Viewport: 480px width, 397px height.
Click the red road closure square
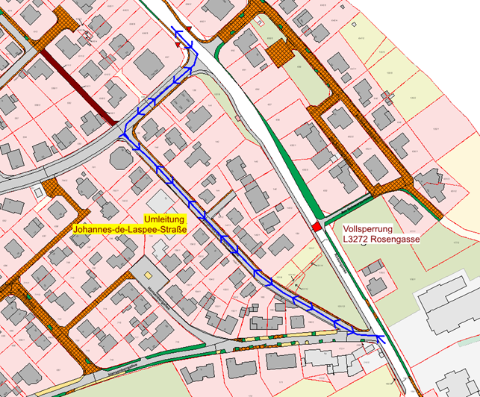(x=317, y=226)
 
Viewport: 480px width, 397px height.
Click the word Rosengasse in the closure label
(x=399, y=240)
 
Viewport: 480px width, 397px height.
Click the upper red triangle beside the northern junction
(x=189, y=27)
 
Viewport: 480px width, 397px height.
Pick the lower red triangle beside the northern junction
(x=178, y=45)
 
